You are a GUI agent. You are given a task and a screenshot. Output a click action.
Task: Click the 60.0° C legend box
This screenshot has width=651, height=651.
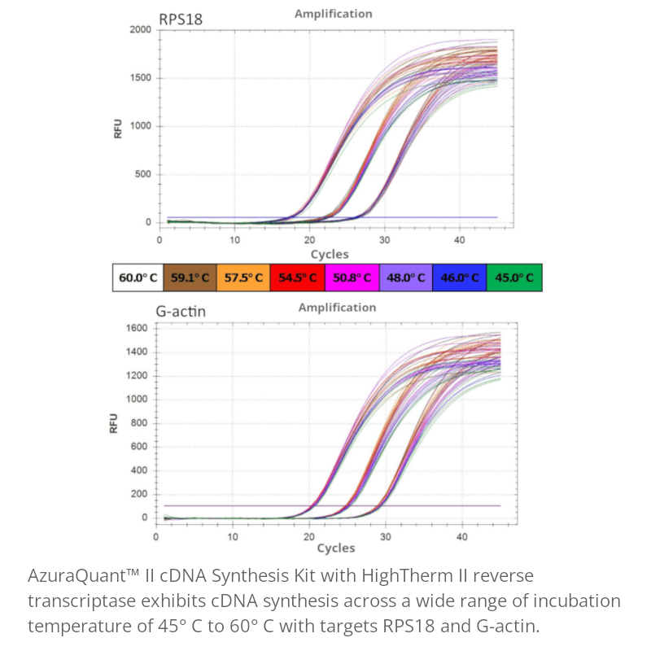[x=138, y=277]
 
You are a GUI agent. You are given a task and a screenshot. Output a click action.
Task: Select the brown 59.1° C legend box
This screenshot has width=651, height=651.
[x=190, y=277]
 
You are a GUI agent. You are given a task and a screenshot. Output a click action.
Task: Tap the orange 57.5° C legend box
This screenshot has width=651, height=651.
[x=244, y=277]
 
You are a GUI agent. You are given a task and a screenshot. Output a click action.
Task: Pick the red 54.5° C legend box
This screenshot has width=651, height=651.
[x=298, y=277]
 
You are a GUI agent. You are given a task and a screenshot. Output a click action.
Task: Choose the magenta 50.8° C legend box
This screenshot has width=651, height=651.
[x=352, y=277]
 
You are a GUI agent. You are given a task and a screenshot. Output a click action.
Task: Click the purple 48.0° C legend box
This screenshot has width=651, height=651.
[x=405, y=277]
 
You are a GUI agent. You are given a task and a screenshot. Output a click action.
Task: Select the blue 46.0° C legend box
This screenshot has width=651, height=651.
[x=459, y=277]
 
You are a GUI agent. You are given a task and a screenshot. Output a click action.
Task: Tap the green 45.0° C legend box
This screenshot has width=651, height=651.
[x=513, y=277]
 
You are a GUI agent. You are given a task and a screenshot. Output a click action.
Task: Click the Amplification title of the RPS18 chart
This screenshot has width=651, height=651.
[x=333, y=14]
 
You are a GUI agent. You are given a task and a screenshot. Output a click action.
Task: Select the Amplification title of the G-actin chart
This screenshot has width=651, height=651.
[x=337, y=308]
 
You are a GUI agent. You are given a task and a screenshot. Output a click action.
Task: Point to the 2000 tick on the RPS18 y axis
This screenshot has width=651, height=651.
[x=140, y=30]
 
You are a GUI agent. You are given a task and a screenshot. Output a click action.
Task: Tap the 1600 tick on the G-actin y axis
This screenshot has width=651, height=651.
[x=136, y=328]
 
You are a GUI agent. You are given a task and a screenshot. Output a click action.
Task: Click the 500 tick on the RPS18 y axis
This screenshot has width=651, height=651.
[x=143, y=174]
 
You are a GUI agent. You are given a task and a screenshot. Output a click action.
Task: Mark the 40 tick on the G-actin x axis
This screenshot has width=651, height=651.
[x=461, y=537]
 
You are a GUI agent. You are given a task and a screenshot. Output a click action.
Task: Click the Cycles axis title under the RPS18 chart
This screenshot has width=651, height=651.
[x=330, y=255]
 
